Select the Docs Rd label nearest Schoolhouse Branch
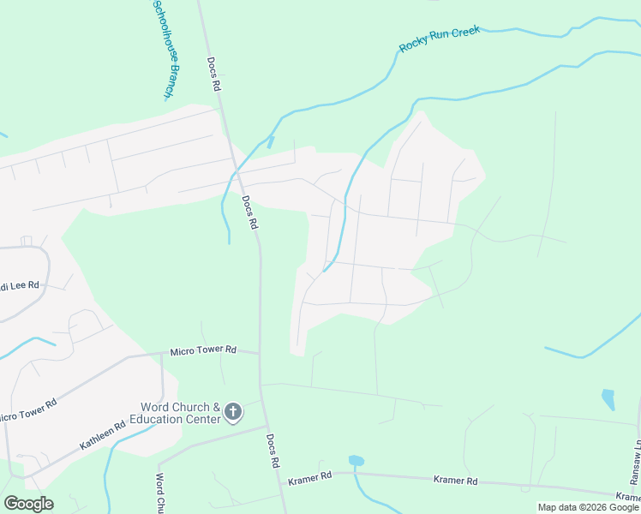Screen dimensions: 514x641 click(x=214, y=75)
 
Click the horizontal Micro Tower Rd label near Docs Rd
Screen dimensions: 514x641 click(x=202, y=350)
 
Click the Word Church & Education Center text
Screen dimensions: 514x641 click(x=175, y=413)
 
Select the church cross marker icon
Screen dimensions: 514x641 click(x=232, y=413)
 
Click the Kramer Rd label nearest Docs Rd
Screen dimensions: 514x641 click(x=309, y=476)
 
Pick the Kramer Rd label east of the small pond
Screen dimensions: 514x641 click(x=455, y=481)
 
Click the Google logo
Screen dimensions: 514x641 click(x=28, y=504)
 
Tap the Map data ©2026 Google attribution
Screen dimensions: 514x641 click(x=588, y=507)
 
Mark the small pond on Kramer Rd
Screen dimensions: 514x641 click(x=356, y=461)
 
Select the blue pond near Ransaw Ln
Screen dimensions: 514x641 click(x=608, y=398)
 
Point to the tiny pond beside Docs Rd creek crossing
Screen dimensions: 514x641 click(x=270, y=142)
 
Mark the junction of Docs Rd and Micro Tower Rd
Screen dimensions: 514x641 click(x=260, y=352)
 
